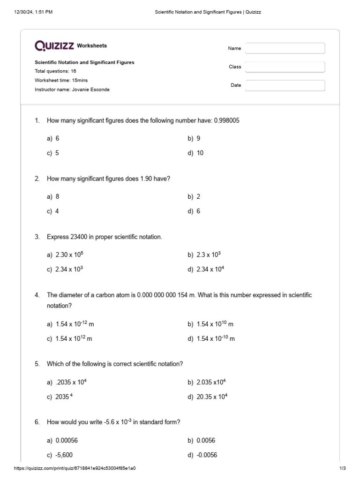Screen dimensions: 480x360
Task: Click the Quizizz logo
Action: click(x=54, y=45)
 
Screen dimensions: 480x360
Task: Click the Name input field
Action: click(x=285, y=48)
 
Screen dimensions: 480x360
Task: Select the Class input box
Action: click(x=285, y=67)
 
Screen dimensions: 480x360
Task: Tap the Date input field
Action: click(x=285, y=85)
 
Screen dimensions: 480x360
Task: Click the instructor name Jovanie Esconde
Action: click(x=90, y=90)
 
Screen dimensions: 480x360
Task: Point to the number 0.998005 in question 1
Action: click(x=226, y=120)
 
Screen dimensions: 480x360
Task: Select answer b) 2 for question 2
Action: click(x=194, y=196)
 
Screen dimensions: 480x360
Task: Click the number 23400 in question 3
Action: click(x=78, y=237)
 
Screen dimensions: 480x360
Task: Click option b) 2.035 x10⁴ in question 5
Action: click(x=207, y=382)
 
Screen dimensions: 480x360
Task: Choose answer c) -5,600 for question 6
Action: click(x=60, y=455)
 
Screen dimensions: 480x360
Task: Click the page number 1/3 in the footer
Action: click(x=342, y=468)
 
